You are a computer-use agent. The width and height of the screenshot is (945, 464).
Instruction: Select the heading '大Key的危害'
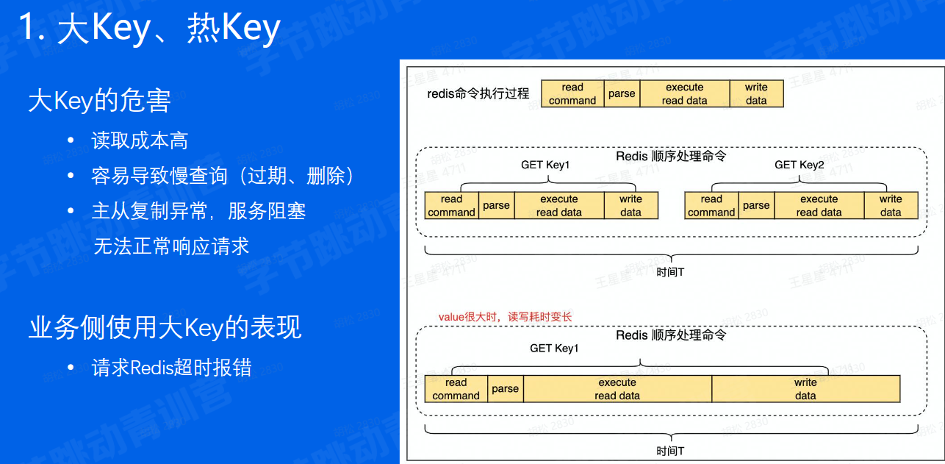(x=99, y=101)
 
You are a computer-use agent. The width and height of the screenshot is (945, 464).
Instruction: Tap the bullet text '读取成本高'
(x=140, y=140)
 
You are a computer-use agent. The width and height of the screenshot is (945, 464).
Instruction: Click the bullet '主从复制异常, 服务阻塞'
(x=198, y=211)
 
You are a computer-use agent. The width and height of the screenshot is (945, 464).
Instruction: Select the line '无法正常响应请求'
(x=171, y=246)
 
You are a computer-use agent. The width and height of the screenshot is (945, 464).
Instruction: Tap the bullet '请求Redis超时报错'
(x=171, y=367)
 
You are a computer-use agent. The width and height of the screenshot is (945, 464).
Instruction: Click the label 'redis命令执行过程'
(x=478, y=94)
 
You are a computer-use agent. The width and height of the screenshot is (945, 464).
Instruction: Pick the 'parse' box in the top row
(x=622, y=94)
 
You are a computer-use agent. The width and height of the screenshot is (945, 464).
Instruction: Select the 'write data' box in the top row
(x=756, y=94)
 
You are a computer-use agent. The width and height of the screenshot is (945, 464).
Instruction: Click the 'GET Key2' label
(x=800, y=165)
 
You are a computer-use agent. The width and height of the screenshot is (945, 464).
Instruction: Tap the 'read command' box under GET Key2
(x=711, y=206)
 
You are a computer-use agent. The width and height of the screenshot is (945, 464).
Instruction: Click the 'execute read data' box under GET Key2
(x=819, y=206)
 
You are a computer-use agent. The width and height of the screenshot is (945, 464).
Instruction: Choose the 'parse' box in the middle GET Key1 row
(x=496, y=206)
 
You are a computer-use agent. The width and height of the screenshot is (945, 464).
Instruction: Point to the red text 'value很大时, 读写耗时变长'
(x=505, y=317)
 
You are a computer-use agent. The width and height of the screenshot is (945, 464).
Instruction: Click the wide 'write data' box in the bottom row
(x=805, y=389)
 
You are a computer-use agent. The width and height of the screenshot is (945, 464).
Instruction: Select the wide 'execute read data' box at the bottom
(x=617, y=389)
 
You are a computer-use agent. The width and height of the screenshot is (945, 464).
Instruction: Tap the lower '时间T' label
(x=670, y=451)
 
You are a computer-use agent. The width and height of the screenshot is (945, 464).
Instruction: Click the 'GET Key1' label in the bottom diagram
(x=554, y=349)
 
